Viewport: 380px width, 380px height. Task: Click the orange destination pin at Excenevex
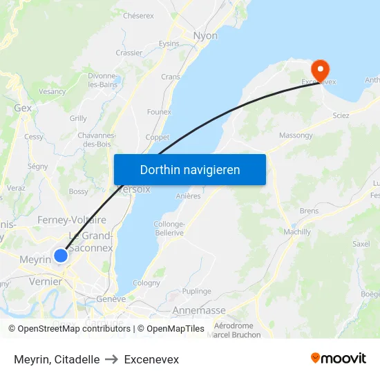pos(321,68)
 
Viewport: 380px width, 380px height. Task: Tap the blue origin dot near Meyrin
pos(61,256)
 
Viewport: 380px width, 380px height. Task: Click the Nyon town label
pos(206,36)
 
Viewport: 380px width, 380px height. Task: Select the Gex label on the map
pos(23,108)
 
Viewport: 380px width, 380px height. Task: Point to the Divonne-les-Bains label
pos(102,80)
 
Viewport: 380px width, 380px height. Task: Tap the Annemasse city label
pos(199,310)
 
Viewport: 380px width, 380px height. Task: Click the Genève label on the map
pos(111,299)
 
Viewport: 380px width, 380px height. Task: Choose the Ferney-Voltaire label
pos(70,220)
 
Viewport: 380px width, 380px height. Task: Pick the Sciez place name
pos(341,116)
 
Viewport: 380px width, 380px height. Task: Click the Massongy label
pos(296,135)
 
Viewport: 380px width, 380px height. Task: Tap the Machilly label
pos(297,232)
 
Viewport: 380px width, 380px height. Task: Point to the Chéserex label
pos(138,15)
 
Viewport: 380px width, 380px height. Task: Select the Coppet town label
pos(158,137)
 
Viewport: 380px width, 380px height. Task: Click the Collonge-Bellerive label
pos(169,229)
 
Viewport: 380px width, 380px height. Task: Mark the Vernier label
pos(46,282)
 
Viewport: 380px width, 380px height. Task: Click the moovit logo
pos(339,359)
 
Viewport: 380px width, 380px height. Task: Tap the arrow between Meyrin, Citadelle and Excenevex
pos(112,359)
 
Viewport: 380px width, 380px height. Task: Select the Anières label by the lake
pos(189,196)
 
